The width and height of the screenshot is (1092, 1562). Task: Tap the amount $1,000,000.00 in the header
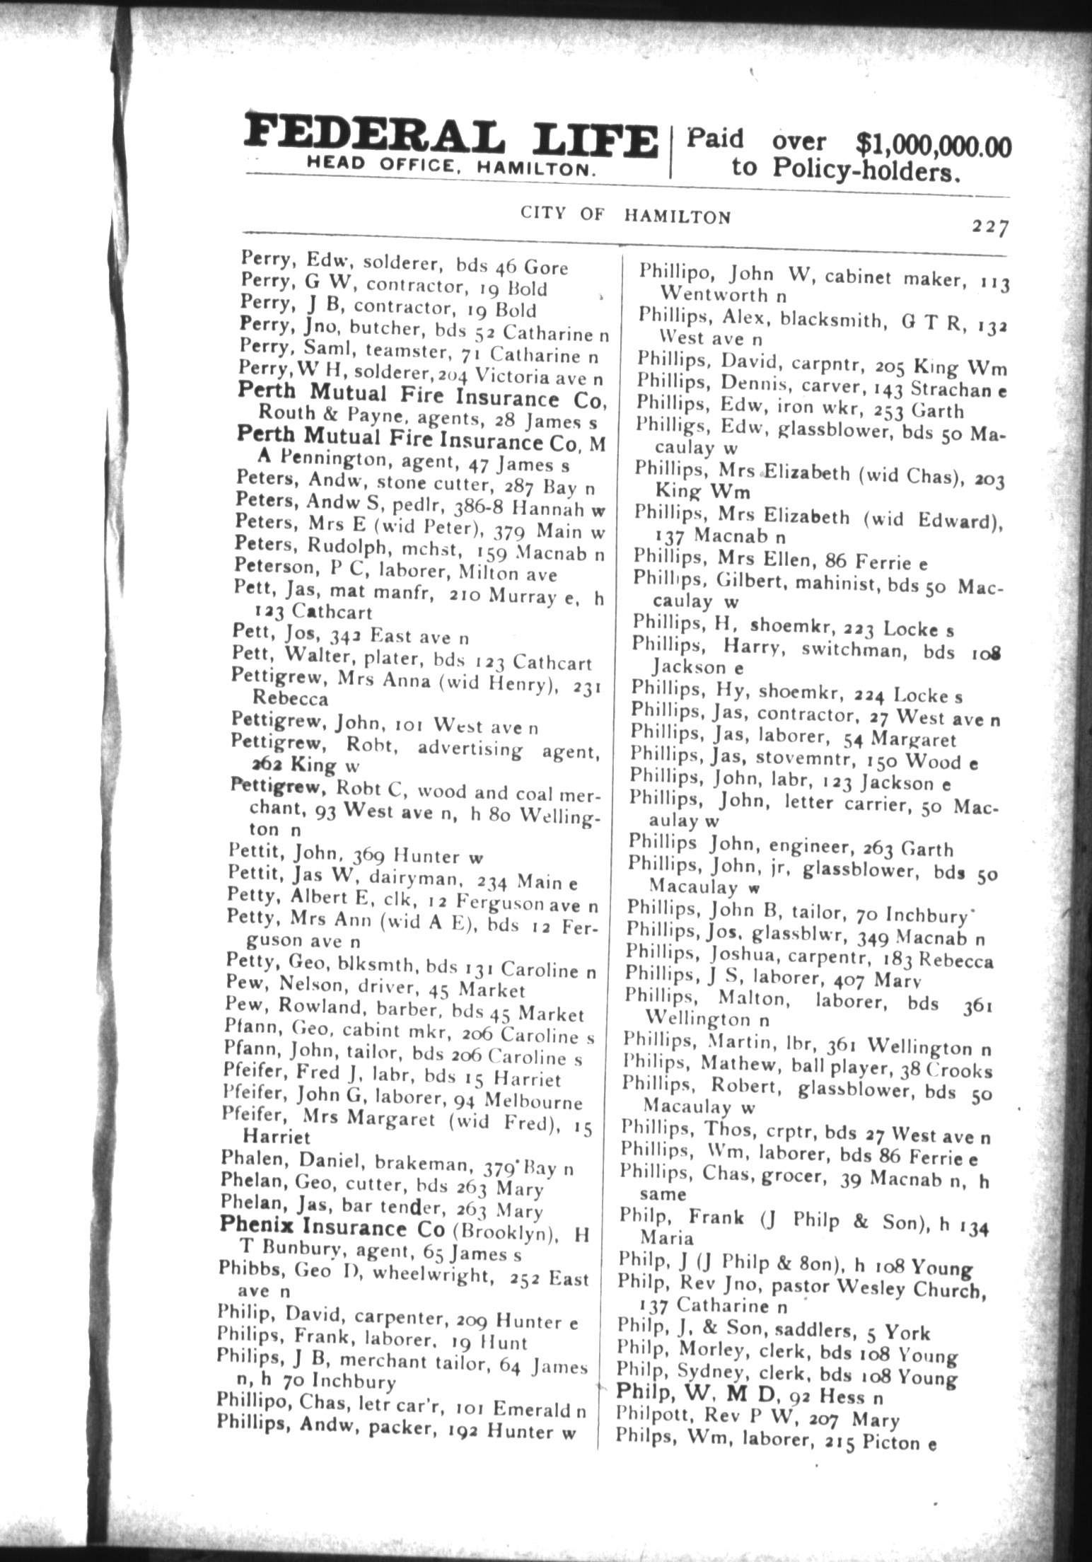coord(934,145)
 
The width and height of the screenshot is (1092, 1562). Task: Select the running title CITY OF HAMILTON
coord(625,214)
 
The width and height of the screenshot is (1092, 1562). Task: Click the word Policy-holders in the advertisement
coord(866,170)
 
